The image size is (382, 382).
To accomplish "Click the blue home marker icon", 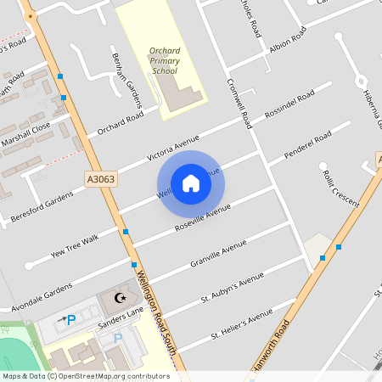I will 191,183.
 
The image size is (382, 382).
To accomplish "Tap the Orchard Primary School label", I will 164,61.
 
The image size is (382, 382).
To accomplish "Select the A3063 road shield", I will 100,179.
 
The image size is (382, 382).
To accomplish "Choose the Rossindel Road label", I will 289,104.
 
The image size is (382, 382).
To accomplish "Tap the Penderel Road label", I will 307,146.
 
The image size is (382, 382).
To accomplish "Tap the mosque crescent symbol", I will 120,298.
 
